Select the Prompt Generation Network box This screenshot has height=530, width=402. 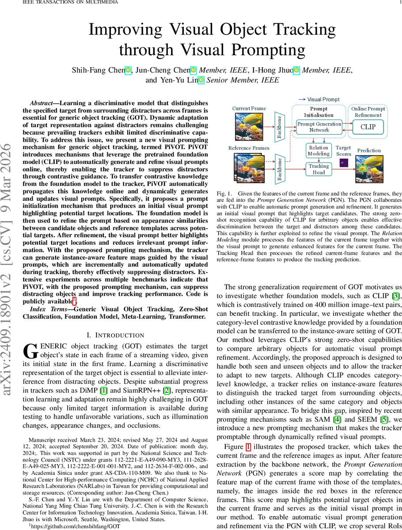[x=319, y=127]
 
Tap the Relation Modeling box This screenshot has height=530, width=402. [x=319, y=151]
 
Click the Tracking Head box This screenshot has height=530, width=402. [x=319, y=169]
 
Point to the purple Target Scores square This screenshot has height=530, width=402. [x=343, y=163]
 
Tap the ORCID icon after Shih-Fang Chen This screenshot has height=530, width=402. [x=128, y=70]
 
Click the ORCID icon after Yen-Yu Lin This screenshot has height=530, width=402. [x=201, y=80]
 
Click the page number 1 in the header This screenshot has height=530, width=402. [x=398, y=2]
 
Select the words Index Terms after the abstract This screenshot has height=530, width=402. [x=46, y=316]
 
